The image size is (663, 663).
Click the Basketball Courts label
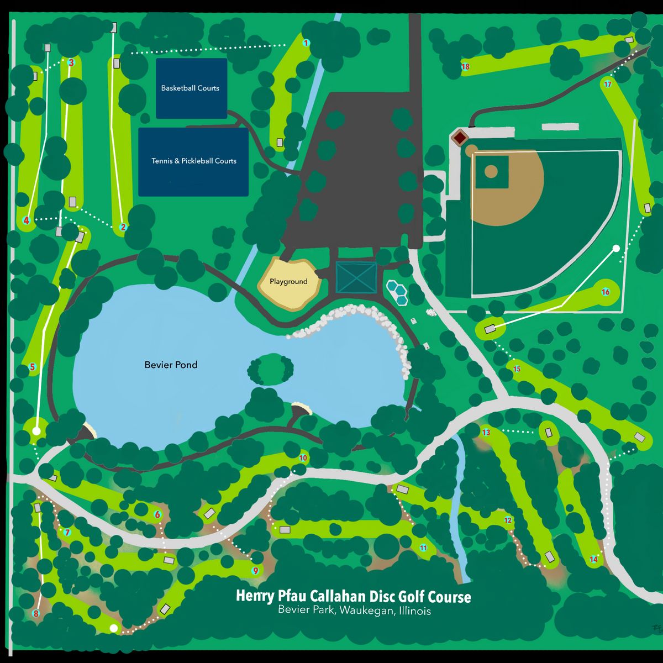(x=190, y=88)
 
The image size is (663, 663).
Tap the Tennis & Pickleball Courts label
(x=194, y=161)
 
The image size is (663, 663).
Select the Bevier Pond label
(x=171, y=365)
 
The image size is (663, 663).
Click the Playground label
(x=288, y=281)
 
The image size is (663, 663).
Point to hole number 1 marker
(x=306, y=43)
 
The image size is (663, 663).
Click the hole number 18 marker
(x=465, y=67)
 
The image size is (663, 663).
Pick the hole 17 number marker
(x=608, y=84)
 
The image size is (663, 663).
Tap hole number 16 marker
(x=606, y=292)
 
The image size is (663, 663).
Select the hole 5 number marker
(x=32, y=367)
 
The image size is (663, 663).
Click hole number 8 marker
(x=36, y=613)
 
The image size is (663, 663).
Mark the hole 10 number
(x=303, y=458)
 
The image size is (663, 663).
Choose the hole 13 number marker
(x=486, y=432)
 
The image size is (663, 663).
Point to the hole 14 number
(x=593, y=559)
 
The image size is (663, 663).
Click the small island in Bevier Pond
(x=271, y=369)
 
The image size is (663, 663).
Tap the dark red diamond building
(x=460, y=137)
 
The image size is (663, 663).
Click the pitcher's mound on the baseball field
(x=491, y=171)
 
